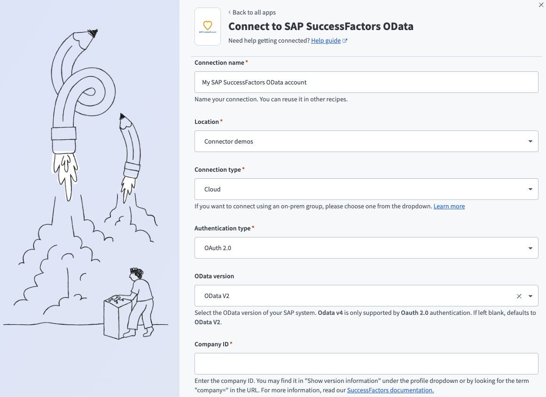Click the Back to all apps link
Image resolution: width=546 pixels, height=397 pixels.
point(254,12)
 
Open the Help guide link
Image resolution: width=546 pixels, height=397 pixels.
point(326,41)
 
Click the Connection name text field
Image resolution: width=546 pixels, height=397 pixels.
point(366,82)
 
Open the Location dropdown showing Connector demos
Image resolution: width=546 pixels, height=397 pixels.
point(366,141)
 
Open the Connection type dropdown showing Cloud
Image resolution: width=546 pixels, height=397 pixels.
point(366,189)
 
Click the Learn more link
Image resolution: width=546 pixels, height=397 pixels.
point(449,206)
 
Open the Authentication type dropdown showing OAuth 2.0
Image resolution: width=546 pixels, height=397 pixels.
point(366,248)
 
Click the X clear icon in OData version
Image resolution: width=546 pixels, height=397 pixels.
point(519,296)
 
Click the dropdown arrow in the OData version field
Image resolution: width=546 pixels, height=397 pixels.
point(530,296)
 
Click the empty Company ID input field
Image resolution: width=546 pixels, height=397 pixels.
point(366,364)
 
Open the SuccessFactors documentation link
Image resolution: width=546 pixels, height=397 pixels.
point(390,390)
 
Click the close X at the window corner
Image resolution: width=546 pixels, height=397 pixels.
point(541,4)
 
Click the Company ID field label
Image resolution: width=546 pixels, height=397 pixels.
point(211,344)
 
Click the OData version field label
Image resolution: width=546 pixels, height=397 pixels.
point(214,276)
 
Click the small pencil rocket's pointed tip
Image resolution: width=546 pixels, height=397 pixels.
point(123,115)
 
